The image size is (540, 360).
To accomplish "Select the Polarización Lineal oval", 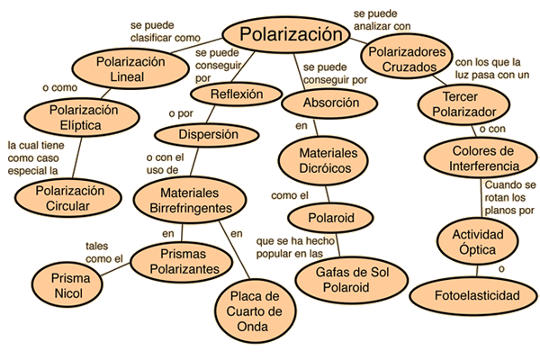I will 121,69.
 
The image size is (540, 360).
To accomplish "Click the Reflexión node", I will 237,94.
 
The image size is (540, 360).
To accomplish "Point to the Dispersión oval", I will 209,135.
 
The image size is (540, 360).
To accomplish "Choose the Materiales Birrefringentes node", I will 184,201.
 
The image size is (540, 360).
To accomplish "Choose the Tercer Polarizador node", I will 458,105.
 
